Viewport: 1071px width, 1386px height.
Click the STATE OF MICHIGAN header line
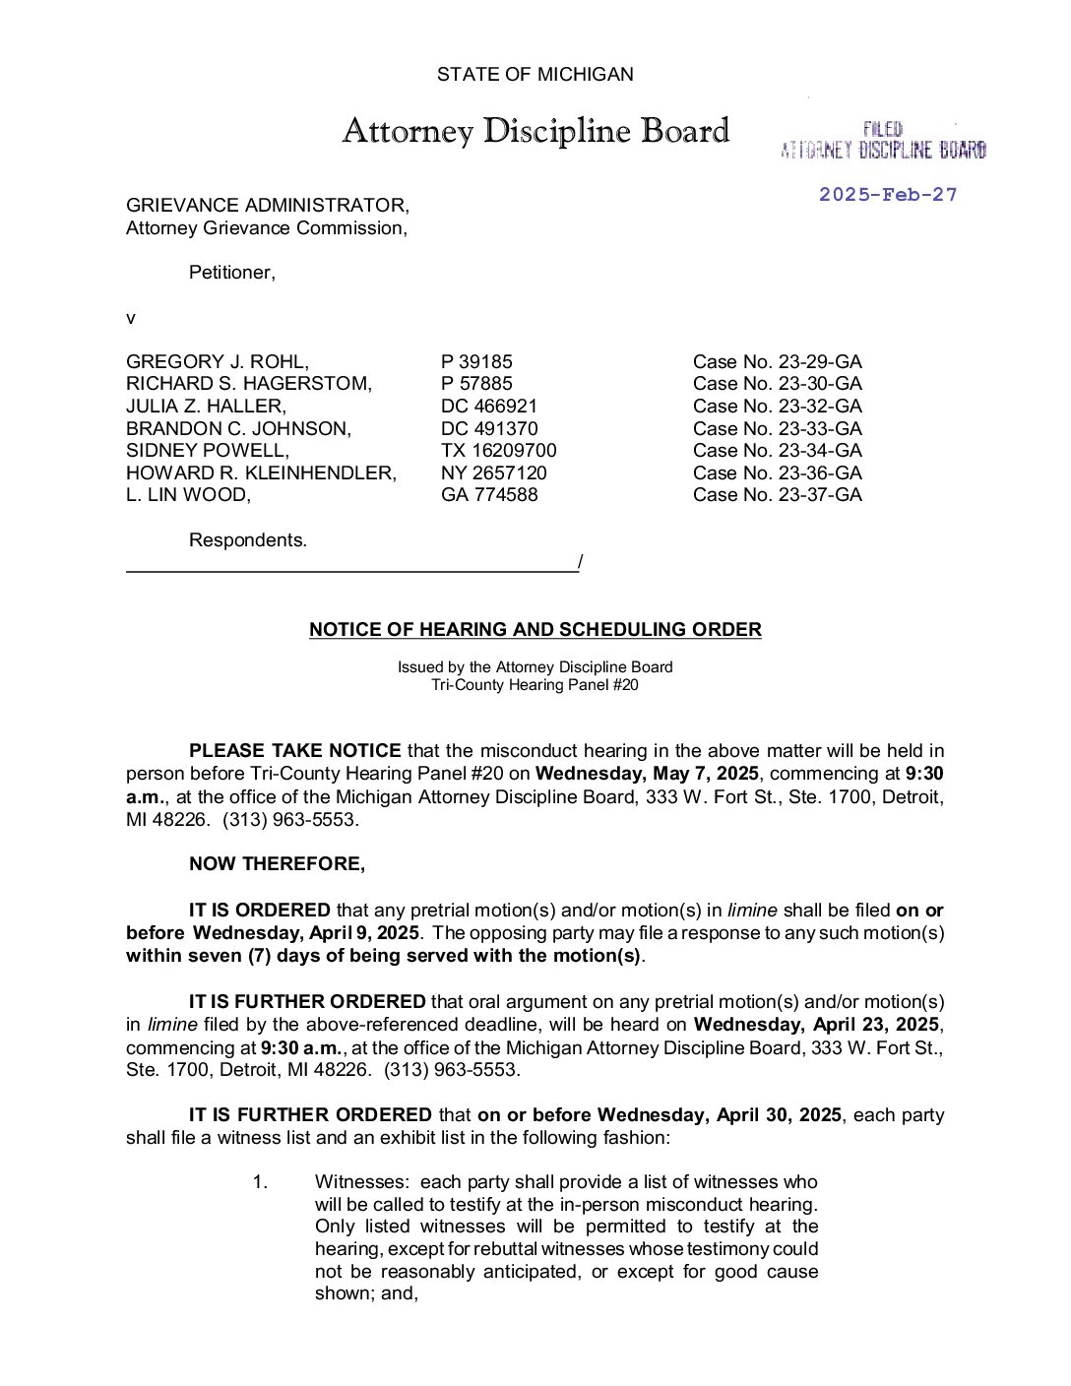click(535, 74)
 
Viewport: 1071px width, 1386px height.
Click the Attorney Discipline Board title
click(535, 131)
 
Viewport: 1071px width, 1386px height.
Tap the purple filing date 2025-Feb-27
click(887, 194)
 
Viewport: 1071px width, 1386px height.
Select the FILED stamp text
click(883, 129)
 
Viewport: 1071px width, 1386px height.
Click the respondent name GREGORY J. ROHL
click(217, 361)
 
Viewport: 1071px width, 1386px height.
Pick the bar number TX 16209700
click(498, 450)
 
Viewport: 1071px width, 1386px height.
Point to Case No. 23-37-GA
click(777, 494)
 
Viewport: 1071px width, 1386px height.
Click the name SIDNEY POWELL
click(207, 450)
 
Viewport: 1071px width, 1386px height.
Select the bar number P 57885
click(476, 383)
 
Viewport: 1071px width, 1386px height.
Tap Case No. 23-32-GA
click(777, 406)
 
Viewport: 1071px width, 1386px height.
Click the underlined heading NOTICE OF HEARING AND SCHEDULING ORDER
click(535, 629)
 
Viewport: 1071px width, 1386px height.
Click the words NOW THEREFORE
click(277, 863)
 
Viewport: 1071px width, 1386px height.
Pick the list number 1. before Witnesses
click(260, 1181)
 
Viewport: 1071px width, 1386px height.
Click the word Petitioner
click(231, 273)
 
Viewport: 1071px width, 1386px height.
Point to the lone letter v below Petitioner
click(130, 318)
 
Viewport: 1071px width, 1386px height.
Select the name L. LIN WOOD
click(188, 494)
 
